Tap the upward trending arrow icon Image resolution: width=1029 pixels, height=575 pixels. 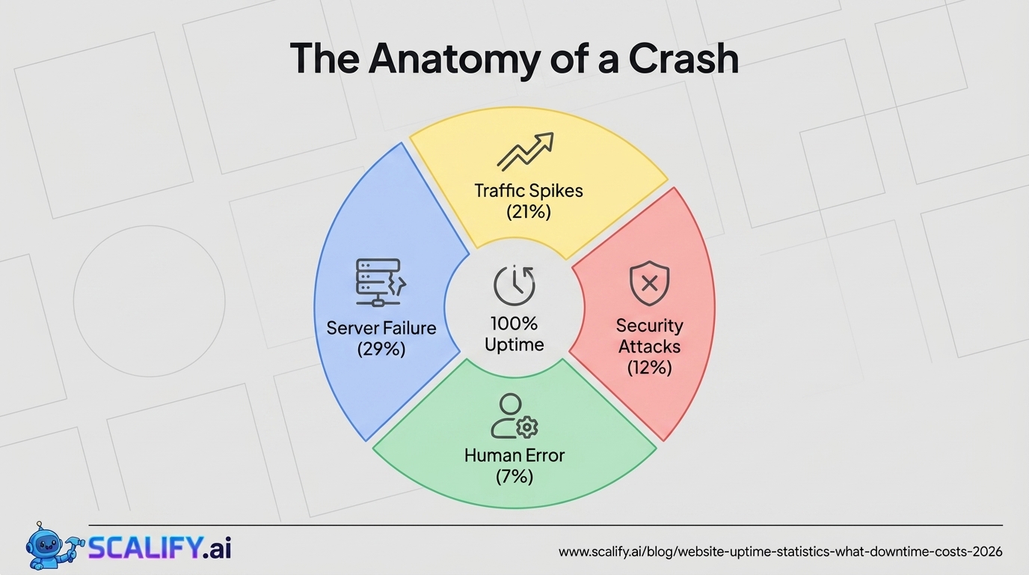point(526,151)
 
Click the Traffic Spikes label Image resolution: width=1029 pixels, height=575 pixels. point(529,190)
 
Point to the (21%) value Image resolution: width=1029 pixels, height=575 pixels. point(529,212)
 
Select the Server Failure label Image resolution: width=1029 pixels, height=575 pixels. point(381,328)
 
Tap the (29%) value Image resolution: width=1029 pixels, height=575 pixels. point(381,349)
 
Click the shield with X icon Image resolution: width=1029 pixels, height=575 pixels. point(649,283)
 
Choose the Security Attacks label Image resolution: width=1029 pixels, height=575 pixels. point(649,336)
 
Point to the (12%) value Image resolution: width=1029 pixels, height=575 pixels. point(649,368)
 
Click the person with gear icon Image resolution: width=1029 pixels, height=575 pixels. point(514,416)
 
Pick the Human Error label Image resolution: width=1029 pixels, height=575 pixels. point(514,455)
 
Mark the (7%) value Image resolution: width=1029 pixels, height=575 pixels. point(514,476)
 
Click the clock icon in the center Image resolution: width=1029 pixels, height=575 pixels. point(514,285)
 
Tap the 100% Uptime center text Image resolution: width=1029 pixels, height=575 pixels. point(514,334)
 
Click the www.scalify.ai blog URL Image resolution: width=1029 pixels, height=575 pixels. point(781,552)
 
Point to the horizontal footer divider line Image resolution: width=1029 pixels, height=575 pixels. point(546,526)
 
